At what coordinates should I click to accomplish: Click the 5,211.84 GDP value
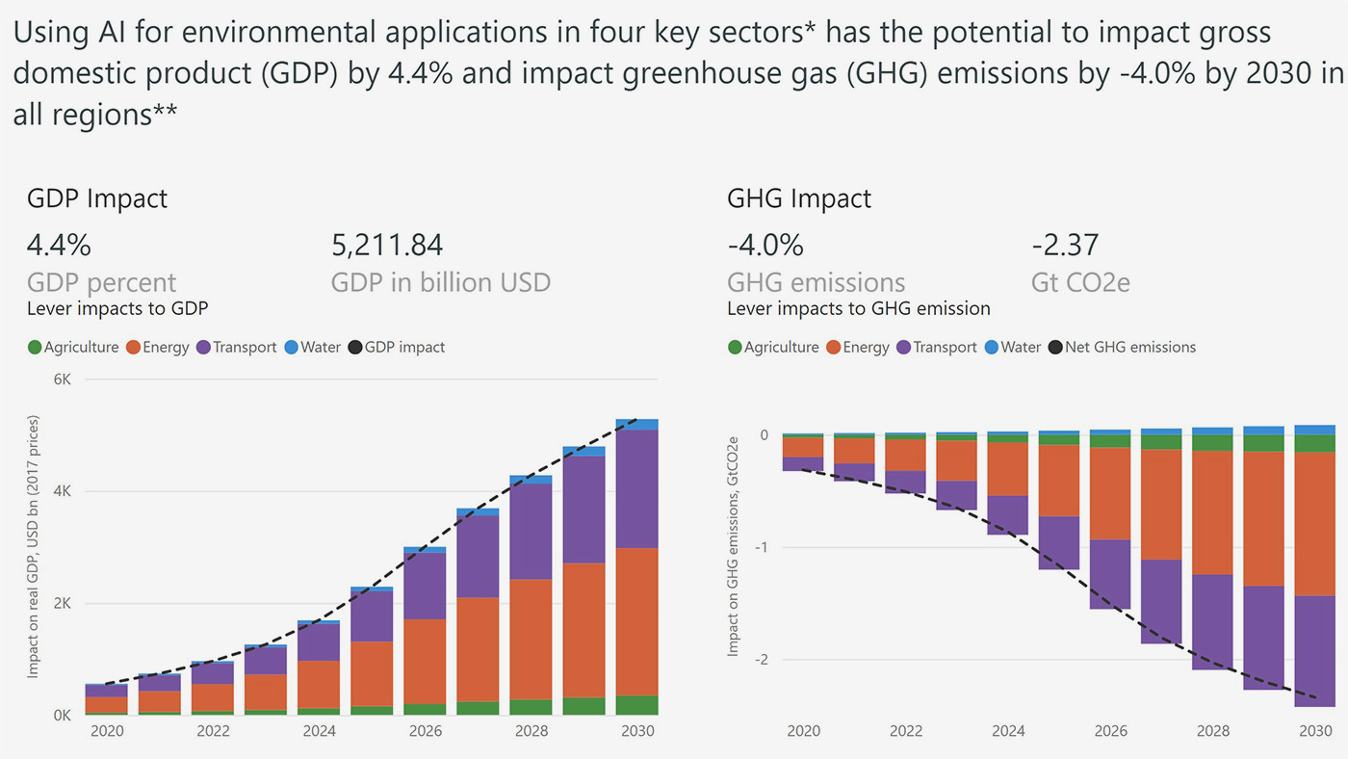click(387, 245)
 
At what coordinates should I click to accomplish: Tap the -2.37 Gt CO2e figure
click(1065, 245)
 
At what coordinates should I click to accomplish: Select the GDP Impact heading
click(96, 198)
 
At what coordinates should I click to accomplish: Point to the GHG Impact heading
click(799, 198)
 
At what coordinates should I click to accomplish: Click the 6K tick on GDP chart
click(62, 379)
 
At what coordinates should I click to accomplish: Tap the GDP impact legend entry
click(396, 347)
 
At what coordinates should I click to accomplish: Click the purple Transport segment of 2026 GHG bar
click(1110, 573)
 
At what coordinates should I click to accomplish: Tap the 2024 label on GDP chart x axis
click(320, 732)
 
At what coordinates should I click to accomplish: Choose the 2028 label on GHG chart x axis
click(1212, 732)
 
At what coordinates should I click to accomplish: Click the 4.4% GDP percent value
click(58, 245)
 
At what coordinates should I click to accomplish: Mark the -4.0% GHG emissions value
click(765, 245)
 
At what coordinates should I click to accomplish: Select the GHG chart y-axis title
click(734, 545)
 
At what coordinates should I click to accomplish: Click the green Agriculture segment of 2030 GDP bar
click(635, 705)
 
